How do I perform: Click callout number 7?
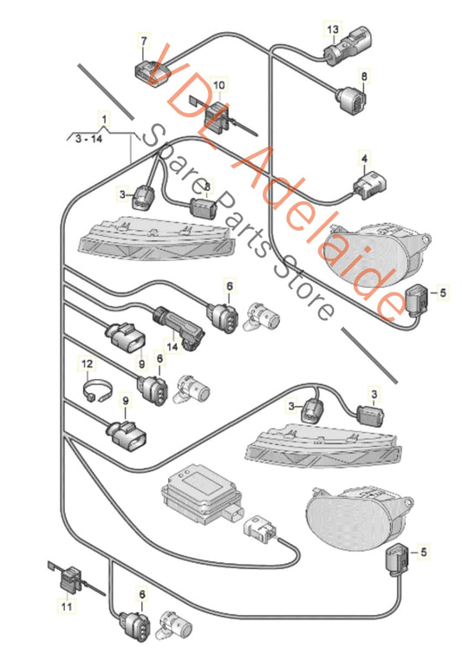tap(144, 41)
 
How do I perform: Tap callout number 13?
tap(331, 29)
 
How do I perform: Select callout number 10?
tap(218, 85)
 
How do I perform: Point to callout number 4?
tap(365, 159)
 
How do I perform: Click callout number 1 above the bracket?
tap(104, 116)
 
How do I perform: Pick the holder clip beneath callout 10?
tap(218, 114)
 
